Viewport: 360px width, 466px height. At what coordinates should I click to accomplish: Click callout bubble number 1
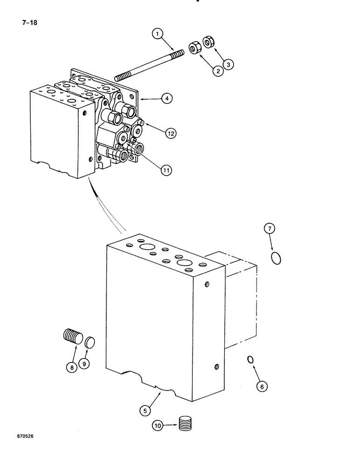click(x=159, y=34)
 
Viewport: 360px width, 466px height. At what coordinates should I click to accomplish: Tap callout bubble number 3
click(x=227, y=65)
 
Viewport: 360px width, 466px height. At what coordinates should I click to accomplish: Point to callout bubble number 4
click(x=166, y=98)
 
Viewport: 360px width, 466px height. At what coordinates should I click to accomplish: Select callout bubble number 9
click(x=84, y=364)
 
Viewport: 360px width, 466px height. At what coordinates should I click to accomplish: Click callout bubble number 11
click(x=166, y=171)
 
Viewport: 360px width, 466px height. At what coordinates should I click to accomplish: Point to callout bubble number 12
click(x=170, y=133)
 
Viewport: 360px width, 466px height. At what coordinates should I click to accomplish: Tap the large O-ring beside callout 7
click(x=276, y=257)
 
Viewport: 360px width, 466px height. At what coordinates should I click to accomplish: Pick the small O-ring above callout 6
click(x=250, y=359)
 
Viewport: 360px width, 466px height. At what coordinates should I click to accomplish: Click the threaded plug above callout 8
click(x=72, y=336)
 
